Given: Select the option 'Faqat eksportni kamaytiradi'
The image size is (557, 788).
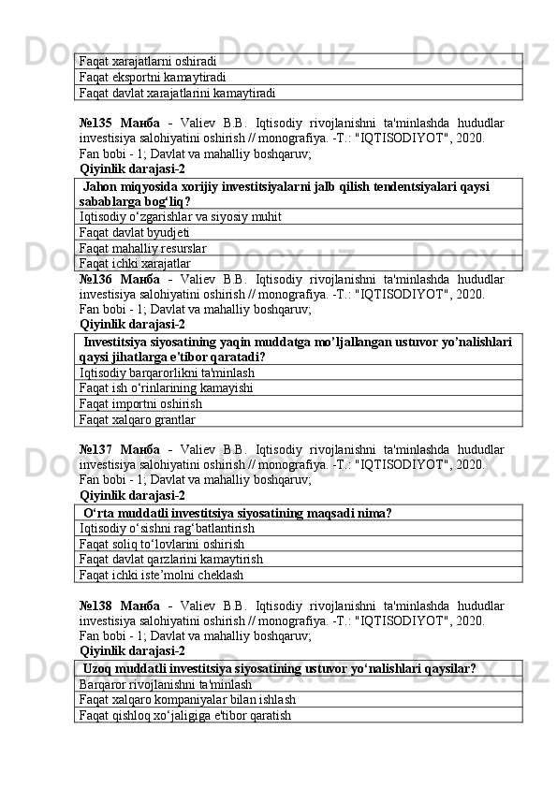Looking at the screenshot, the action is pyautogui.click(x=152, y=78).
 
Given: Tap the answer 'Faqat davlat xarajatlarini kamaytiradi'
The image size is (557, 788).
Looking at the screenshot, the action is pyautogui.click(x=177, y=94).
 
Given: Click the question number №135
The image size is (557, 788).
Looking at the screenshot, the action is pyautogui.click(x=96, y=122).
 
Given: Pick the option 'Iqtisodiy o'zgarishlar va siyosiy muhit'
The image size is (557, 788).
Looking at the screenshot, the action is pyautogui.click(x=180, y=217).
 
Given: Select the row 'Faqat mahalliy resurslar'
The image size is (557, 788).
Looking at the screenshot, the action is pyautogui.click(x=142, y=249).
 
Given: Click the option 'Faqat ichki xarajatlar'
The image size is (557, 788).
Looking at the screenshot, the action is pyautogui.click(x=135, y=265).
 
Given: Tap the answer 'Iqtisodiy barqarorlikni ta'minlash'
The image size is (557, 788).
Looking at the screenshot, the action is pyautogui.click(x=167, y=372).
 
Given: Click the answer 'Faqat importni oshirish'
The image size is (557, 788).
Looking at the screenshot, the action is pyautogui.click(x=140, y=404).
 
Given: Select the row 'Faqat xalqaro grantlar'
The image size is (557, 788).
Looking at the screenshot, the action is pyautogui.click(x=138, y=420).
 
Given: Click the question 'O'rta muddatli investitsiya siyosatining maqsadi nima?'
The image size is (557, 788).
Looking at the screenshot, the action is pyautogui.click(x=237, y=513).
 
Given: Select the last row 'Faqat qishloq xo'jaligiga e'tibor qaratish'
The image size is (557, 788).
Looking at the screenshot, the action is pyautogui.click(x=184, y=716).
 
